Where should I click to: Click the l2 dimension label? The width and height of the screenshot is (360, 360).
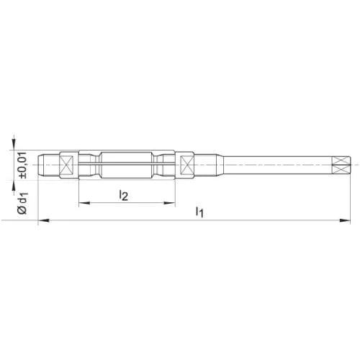click(124, 195)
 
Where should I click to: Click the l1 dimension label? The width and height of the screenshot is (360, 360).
click(199, 212)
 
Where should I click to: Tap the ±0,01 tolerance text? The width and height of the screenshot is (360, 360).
click(23, 165)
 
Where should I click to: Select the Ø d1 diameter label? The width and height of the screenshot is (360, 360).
click(23, 203)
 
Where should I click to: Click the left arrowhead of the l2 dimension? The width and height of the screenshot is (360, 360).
click(84, 203)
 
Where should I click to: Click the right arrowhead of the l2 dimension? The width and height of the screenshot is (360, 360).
click(169, 203)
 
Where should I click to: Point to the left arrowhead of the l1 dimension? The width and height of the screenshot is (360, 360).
click(44, 220)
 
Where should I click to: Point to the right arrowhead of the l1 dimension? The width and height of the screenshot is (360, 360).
click(345, 220)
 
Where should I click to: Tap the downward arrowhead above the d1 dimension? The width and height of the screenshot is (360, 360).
click(14, 145)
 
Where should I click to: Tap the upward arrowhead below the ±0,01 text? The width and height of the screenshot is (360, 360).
click(14, 186)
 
